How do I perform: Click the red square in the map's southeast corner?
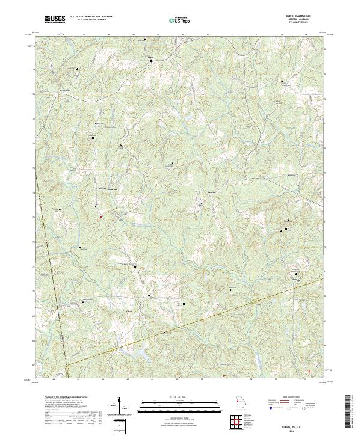coord(309,371)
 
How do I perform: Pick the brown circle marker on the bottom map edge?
coord(224,376)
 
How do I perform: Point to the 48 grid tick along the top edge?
coord(158,35)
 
